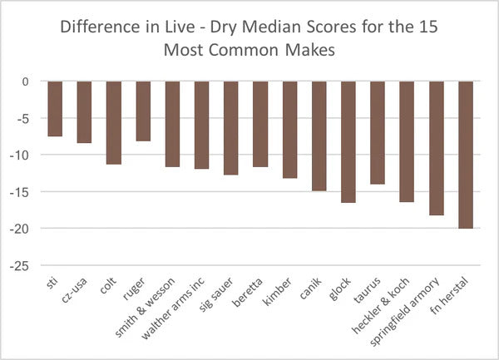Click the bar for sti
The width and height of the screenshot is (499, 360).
click(x=55, y=109)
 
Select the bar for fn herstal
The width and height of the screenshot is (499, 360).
click(x=465, y=155)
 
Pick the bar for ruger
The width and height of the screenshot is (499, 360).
click(x=142, y=111)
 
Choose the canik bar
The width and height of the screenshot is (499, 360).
click(x=319, y=136)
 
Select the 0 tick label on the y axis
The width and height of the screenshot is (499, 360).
click(x=27, y=81)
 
